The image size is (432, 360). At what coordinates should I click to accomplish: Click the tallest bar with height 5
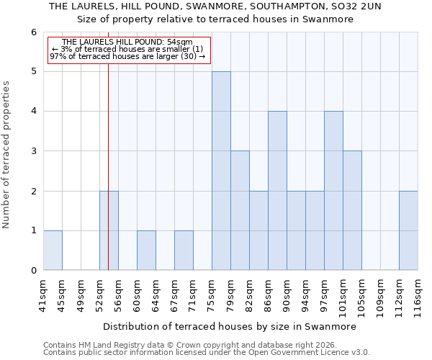click(x=221, y=171)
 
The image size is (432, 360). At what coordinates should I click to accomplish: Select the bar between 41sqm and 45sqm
click(x=53, y=251)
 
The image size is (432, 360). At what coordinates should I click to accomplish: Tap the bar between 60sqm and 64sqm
click(x=146, y=251)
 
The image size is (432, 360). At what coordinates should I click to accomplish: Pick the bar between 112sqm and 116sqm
click(x=408, y=230)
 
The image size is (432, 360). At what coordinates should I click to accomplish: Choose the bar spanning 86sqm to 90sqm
click(x=277, y=191)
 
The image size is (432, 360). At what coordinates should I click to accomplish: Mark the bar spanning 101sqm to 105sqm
click(x=352, y=210)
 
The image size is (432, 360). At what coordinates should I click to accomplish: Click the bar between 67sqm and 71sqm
click(x=184, y=251)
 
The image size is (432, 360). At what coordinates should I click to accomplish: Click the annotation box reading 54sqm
click(x=130, y=50)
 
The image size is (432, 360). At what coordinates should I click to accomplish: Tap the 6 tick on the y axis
click(x=33, y=32)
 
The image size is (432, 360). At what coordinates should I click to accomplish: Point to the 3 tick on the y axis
click(x=33, y=151)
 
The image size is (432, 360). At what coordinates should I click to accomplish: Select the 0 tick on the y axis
click(x=33, y=271)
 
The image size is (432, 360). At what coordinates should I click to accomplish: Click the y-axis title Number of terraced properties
click(x=7, y=154)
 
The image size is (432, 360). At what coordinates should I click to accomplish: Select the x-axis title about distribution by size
click(x=230, y=326)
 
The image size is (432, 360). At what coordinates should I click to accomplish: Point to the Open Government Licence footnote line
click(x=207, y=353)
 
